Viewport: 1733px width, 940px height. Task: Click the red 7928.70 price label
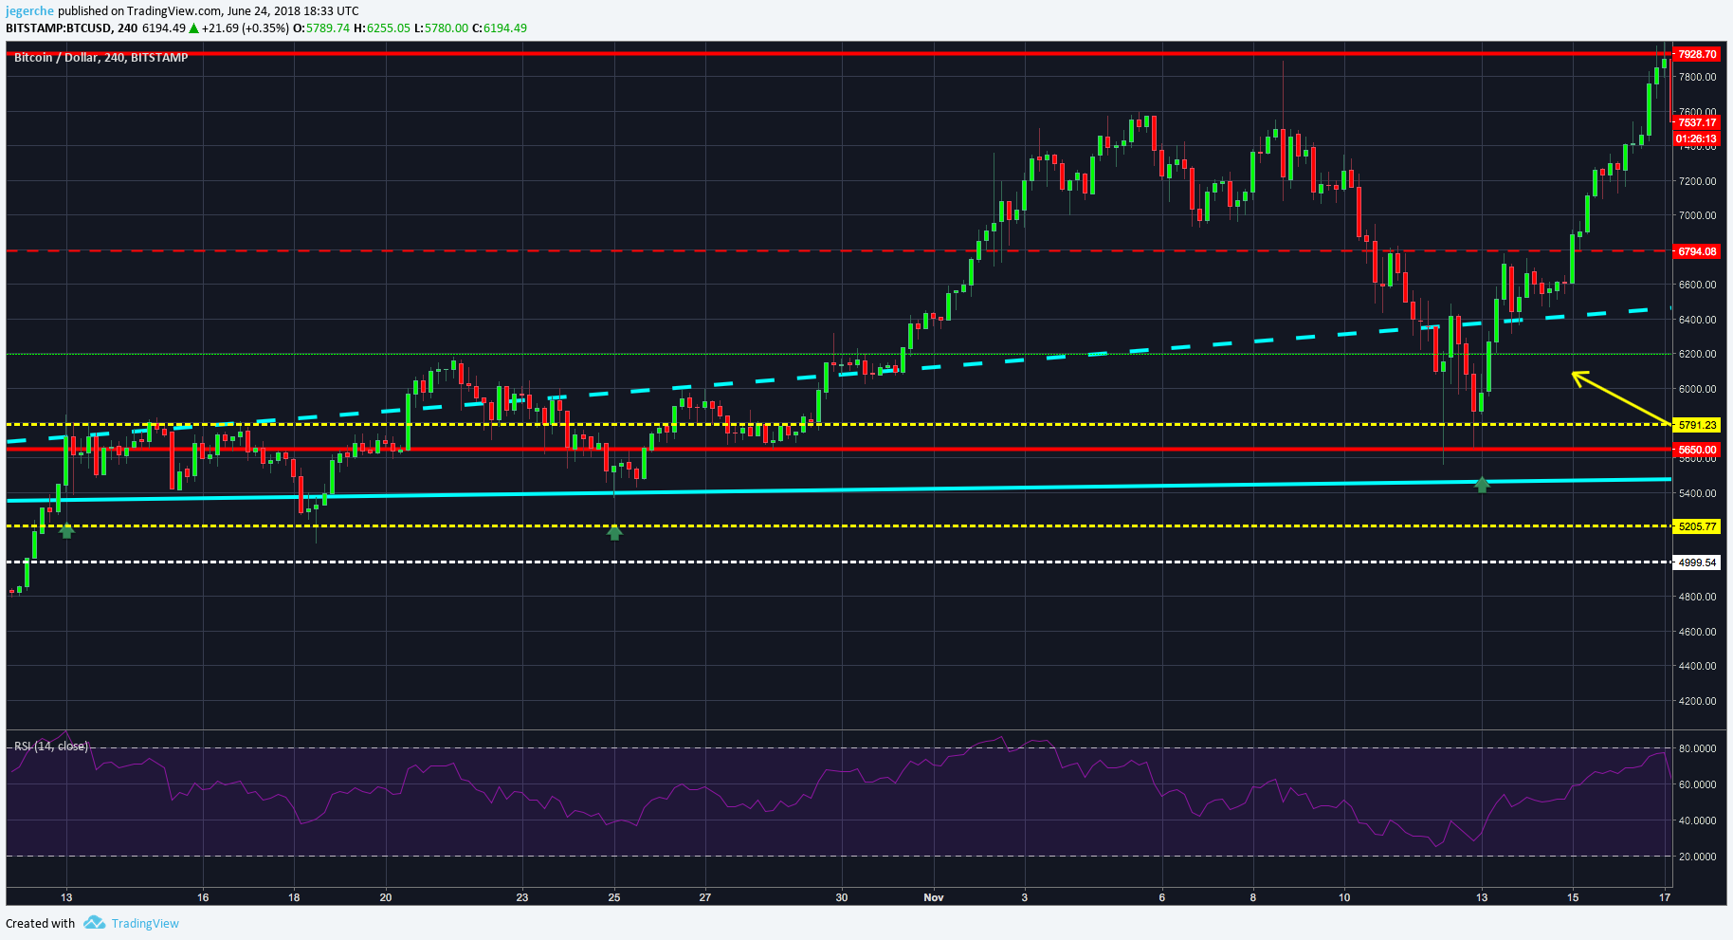click(1696, 54)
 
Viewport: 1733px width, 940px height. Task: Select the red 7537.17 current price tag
click(1696, 122)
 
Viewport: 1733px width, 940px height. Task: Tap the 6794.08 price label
click(1696, 251)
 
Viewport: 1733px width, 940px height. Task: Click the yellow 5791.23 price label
click(1696, 425)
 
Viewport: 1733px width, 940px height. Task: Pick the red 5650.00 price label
click(1696, 450)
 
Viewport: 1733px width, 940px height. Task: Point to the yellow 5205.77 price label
click(1696, 526)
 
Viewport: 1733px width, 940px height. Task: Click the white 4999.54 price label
click(1696, 562)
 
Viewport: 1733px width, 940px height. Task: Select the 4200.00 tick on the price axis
click(1697, 701)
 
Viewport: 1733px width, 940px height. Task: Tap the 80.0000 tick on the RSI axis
click(1697, 748)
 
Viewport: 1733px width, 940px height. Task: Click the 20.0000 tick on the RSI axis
click(1697, 857)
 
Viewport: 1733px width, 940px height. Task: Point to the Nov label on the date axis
click(934, 897)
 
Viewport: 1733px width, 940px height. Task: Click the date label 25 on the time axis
click(614, 897)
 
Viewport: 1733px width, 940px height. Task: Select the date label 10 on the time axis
click(1344, 897)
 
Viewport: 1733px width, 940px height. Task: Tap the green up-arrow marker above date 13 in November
click(1482, 485)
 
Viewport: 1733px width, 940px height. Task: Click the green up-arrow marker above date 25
click(614, 533)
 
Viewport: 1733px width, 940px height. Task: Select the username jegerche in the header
click(29, 11)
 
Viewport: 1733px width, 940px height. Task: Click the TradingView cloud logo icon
click(94, 923)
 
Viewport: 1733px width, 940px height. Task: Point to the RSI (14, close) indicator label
click(51, 746)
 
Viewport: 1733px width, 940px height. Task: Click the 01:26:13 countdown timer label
click(1696, 138)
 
